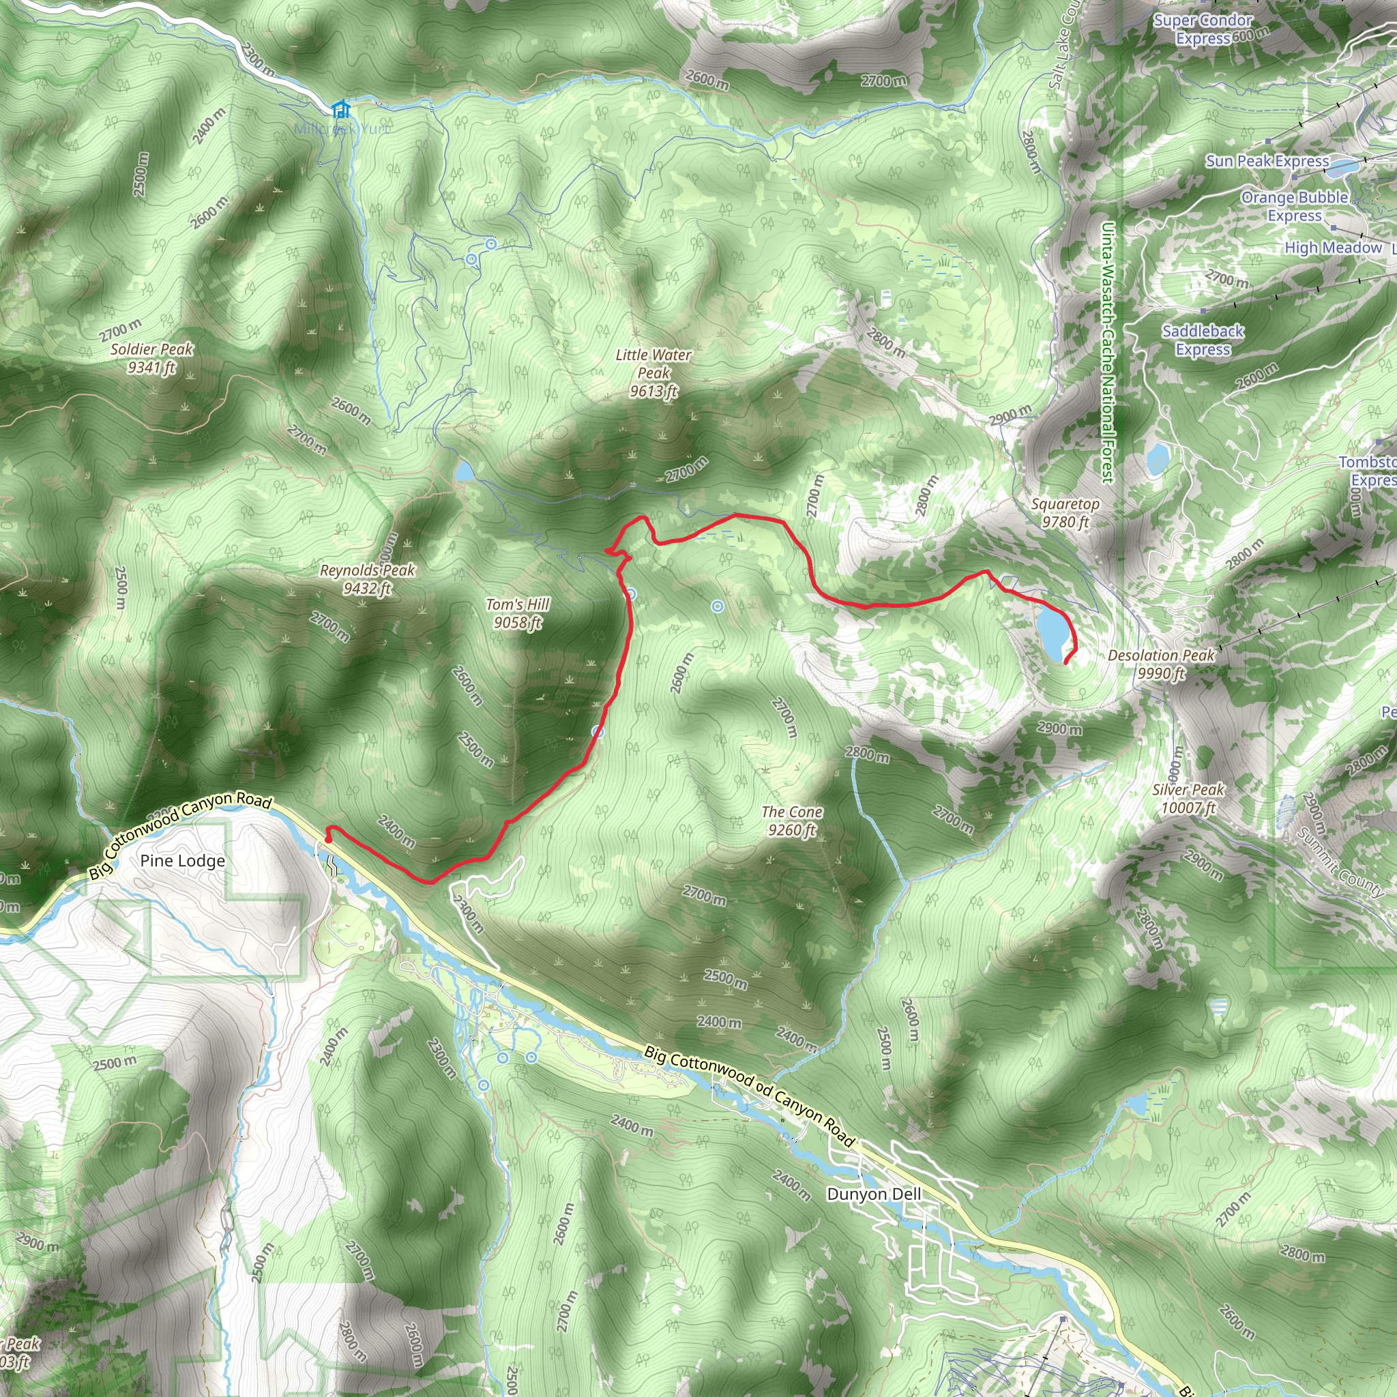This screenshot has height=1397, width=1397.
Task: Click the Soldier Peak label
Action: (152, 358)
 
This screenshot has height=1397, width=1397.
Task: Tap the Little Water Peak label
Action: (653, 373)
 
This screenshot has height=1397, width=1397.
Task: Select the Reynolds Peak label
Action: (368, 579)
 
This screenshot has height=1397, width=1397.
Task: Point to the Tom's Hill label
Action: (518, 613)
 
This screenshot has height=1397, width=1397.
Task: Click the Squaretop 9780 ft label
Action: (1065, 513)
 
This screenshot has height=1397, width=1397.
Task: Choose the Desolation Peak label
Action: (1161, 664)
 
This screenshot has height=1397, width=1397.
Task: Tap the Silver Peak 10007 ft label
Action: (1188, 798)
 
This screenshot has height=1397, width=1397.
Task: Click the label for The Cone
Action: (792, 821)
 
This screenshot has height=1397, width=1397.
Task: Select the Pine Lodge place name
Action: (182, 860)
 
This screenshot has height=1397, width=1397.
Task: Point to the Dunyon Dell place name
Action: (874, 1194)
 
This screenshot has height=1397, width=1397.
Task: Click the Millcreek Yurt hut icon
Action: (340, 109)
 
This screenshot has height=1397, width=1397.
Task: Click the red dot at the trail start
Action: (327, 840)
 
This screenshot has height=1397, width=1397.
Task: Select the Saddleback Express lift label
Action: (1203, 340)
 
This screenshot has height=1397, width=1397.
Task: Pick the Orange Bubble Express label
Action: (1294, 206)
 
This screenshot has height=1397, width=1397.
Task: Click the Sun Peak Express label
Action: (1267, 160)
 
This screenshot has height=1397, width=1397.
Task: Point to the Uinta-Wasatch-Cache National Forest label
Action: (1107, 351)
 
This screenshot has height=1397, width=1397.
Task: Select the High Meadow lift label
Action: (1334, 248)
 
